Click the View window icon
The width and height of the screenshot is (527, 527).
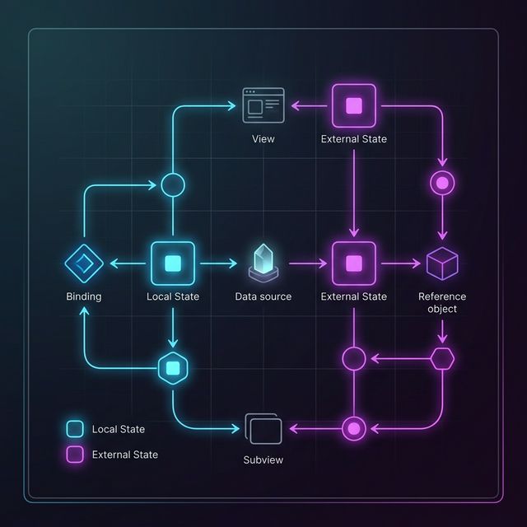click(263, 105)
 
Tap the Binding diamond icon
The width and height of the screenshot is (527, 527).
click(83, 263)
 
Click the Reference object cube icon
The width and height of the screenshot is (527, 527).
click(442, 263)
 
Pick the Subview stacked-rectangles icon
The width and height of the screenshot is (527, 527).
click(263, 429)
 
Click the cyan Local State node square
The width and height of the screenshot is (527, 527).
click(173, 263)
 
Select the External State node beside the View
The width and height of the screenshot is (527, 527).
click(353, 105)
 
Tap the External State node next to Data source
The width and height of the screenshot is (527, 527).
click(353, 263)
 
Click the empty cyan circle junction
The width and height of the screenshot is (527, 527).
click(172, 184)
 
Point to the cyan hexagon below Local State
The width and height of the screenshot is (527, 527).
click(173, 366)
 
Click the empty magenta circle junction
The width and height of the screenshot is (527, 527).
click(353, 358)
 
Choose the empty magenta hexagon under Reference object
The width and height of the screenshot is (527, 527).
click(443, 358)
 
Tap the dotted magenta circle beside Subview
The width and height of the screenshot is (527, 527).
click(353, 428)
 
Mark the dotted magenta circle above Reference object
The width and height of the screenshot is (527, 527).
click(443, 183)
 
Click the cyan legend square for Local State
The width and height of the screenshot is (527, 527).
click(75, 429)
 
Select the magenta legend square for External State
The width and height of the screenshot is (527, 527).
click(75, 455)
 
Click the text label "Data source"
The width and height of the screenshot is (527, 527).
click(263, 296)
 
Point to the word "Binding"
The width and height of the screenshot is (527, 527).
click(83, 296)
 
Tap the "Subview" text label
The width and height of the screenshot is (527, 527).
click(263, 459)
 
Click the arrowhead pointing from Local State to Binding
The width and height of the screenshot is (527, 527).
click(114, 263)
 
